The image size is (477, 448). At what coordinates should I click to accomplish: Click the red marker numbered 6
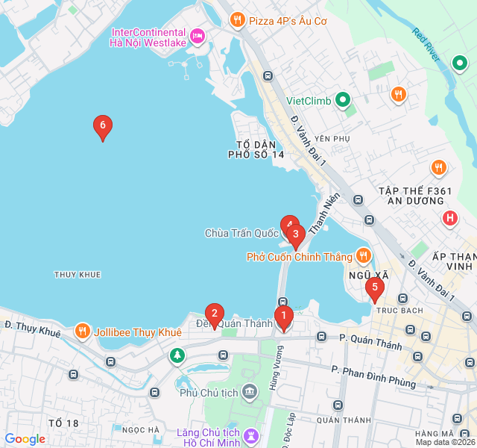(103, 126)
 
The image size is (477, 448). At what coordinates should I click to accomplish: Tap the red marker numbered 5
(374, 287)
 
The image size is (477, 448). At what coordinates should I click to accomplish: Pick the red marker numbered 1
(283, 317)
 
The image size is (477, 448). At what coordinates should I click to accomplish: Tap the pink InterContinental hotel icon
(197, 35)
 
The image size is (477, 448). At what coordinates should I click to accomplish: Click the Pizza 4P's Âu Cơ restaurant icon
(237, 20)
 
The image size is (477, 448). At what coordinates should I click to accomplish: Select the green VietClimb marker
(342, 100)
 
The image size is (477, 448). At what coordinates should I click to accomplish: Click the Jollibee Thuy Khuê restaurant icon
(83, 331)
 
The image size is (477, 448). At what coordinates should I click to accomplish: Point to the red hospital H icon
(449, 219)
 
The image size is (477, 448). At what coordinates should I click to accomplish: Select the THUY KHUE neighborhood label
(78, 275)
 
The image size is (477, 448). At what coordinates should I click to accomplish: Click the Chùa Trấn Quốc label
(241, 233)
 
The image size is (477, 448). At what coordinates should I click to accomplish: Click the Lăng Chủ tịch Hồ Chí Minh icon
(253, 434)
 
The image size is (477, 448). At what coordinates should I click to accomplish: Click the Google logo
(25, 439)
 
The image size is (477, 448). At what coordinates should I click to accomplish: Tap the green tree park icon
(177, 355)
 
